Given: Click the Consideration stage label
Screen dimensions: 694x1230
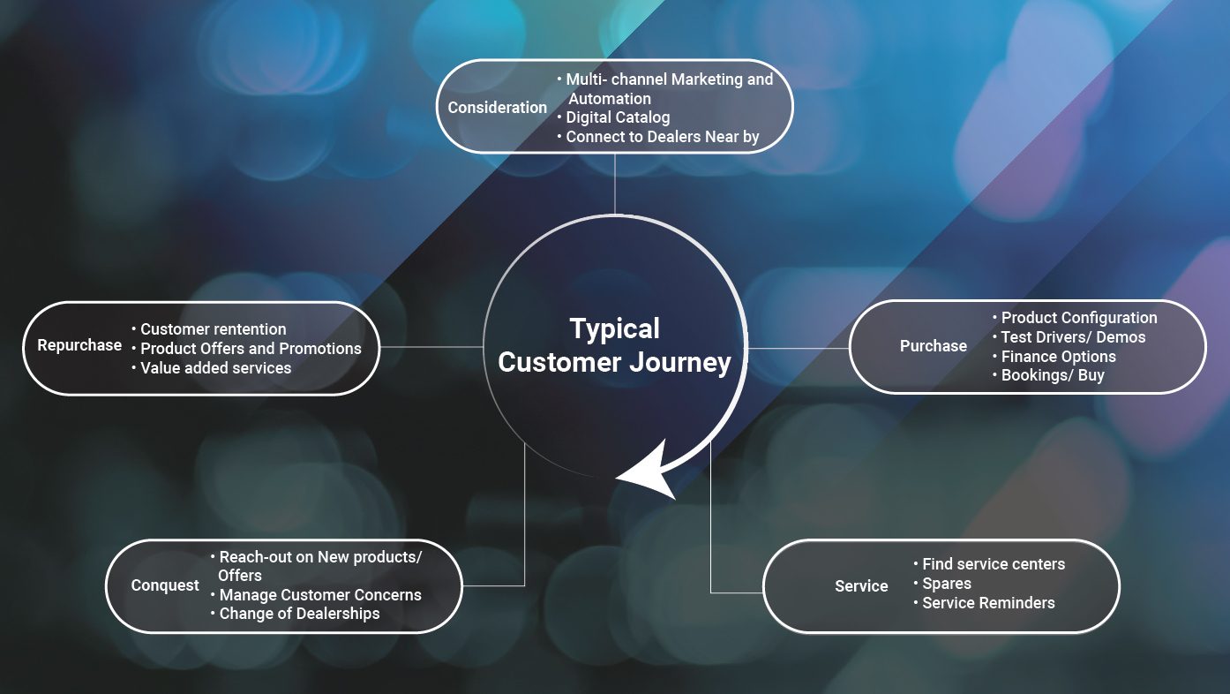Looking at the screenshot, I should pos(498,108).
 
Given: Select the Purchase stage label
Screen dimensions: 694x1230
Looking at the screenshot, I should pos(933,346).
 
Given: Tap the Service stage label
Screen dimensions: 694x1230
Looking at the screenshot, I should pos(861,586).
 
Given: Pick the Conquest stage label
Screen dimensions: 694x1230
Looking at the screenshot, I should pos(165,585).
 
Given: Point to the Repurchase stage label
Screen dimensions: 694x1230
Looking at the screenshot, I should pos(79,345).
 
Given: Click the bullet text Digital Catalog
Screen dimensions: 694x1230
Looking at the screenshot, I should pos(618,117).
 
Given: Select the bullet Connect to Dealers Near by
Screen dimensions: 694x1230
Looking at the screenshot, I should pos(662,137).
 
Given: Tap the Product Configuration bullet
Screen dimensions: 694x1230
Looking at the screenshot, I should pos(1078,318).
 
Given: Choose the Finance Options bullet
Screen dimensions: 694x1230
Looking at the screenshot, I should pos(1058,357).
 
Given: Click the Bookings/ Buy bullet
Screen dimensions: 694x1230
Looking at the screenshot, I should pos(1052,376).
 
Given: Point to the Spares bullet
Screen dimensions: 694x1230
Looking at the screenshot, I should pos(946,584).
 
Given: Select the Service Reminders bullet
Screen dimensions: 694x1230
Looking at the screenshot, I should pos(988,603).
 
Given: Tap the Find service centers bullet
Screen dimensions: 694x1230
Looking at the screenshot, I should pos(994,564).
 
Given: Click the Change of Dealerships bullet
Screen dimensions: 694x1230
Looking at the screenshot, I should pos(299,614).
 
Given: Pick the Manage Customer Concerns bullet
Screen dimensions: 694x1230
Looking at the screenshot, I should pos(320,595).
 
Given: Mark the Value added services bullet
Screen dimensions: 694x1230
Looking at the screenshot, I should pos(215,368).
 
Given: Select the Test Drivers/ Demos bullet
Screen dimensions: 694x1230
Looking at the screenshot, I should pos(1073,337).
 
